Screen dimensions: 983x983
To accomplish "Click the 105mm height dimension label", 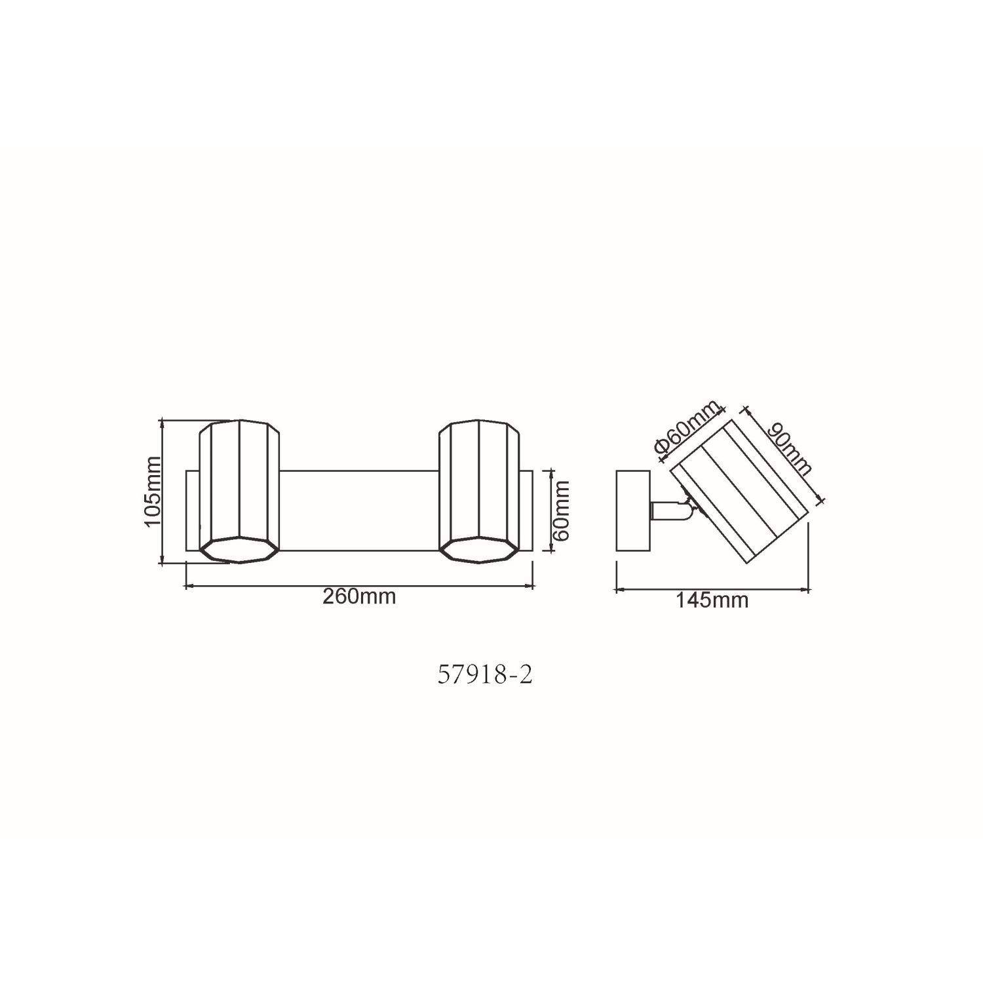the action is (152, 491).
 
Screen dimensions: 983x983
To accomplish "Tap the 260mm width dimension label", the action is (359, 596).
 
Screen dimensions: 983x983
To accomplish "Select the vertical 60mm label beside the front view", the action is (561, 510).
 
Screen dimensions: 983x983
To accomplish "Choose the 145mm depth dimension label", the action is (712, 600).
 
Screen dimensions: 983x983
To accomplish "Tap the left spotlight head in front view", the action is (239, 491).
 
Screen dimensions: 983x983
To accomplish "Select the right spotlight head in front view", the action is (479, 491).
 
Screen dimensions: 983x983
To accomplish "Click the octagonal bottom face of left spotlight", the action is (239, 550).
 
